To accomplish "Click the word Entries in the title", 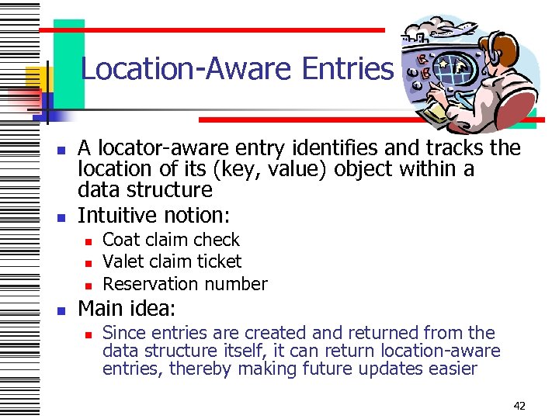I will (347, 69).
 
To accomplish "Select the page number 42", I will (520, 405).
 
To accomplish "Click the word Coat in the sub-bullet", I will (120, 240).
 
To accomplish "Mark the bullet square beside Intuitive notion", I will (61, 214).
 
